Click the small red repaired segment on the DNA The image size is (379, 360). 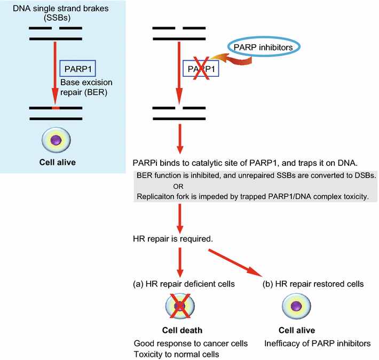coord(55,108)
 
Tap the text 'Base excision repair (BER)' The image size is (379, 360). coord(85,87)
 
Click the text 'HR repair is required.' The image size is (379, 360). coord(172,239)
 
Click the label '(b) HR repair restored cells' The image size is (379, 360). coord(314,284)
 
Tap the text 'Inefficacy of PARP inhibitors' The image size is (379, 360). coord(317,343)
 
